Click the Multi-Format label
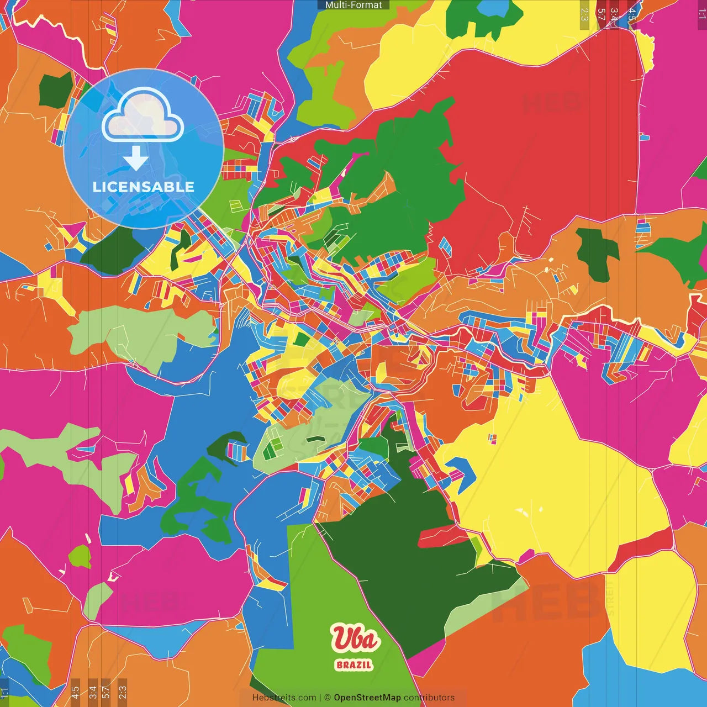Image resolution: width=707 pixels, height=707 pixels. click(353, 5)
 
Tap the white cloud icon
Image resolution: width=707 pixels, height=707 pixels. click(143, 116)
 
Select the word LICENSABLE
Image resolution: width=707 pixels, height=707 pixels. click(144, 187)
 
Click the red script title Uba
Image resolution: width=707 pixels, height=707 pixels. click(355, 639)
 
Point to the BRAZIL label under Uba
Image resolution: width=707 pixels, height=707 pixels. click(354, 665)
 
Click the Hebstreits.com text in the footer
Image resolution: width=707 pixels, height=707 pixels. click(284, 698)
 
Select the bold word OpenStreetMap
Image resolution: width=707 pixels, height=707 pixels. click(367, 698)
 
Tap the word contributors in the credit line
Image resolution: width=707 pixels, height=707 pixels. click(429, 698)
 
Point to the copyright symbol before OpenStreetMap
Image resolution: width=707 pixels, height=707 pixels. click(328, 698)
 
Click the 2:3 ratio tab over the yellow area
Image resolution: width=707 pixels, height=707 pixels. click(584, 14)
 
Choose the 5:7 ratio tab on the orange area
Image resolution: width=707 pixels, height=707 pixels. click(602, 14)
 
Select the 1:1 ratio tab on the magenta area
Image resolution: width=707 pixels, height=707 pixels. click(701, 13)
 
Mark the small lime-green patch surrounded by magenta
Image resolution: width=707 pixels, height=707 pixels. click(80, 557)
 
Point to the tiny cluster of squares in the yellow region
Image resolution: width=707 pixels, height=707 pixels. click(492, 439)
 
